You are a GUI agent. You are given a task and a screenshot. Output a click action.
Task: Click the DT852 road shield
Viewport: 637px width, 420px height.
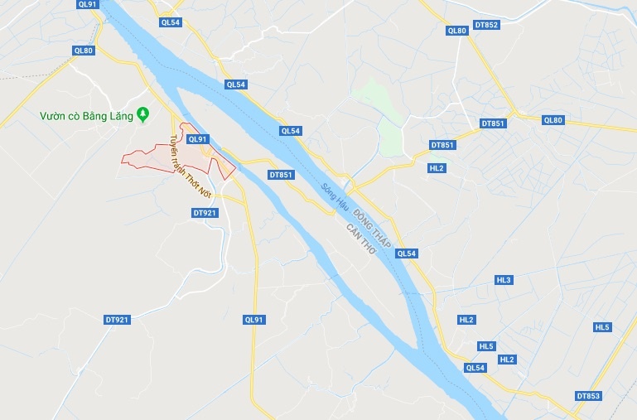pyautogui.click(x=486, y=25)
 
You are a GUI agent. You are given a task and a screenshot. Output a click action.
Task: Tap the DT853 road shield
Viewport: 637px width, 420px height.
pyautogui.click(x=587, y=396)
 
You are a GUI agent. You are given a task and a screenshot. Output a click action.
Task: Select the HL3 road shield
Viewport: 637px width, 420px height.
pyautogui.click(x=504, y=280)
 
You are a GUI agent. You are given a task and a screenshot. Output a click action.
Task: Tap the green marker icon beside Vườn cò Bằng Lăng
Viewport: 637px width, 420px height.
pyautogui.click(x=143, y=113)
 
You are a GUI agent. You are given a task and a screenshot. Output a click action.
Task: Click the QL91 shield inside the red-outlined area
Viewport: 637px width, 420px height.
pyautogui.click(x=197, y=140)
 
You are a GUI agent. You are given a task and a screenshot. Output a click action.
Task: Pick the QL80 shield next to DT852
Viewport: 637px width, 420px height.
pyautogui.click(x=456, y=31)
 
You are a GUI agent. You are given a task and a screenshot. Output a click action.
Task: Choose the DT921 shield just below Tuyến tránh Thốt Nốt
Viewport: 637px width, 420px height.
pyautogui.click(x=204, y=213)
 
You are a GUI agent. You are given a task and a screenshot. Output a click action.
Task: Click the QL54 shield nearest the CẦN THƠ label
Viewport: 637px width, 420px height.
pyautogui.click(x=406, y=253)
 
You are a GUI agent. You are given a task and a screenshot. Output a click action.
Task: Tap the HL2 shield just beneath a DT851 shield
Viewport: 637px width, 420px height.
pyautogui.click(x=437, y=167)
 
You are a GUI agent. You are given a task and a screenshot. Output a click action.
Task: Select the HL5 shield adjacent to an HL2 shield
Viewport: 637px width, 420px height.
pyautogui.click(x=486, y=346)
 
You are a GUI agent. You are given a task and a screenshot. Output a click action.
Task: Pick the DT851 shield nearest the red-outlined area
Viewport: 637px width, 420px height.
pyautogui.click(x=281, y=175)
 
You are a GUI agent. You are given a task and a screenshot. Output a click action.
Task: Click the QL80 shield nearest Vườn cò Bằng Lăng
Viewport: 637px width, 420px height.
pyautogui.click(x=84, y=51)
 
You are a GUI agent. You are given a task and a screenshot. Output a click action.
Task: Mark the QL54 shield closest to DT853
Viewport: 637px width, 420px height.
pyautogui.click(x=475, y=368)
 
